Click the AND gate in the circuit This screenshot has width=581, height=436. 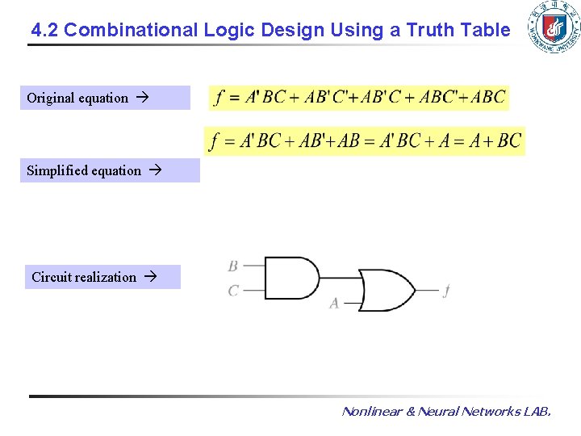point(290,278)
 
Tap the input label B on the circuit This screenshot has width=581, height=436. point(233,266)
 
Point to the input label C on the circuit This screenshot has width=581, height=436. point(233,290)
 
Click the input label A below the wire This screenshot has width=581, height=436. point(334,304)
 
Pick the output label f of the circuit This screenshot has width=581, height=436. point(446,291)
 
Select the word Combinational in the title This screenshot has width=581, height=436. point(131,31)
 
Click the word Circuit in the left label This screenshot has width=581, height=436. point(51,277)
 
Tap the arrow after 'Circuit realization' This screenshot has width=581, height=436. point(149,277)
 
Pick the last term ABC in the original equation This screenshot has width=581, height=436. point(488,98)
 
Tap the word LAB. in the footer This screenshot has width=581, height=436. point(537,412)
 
